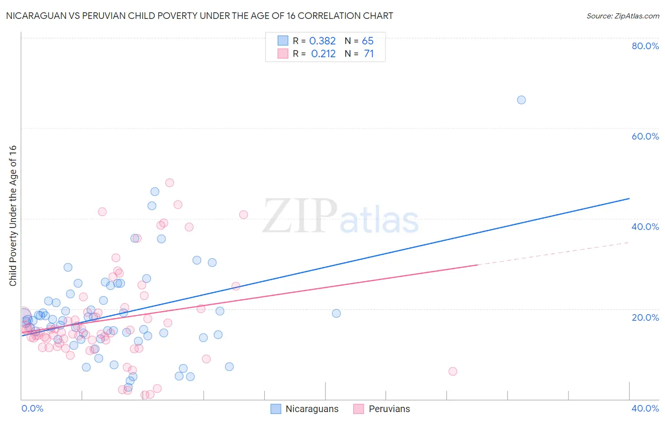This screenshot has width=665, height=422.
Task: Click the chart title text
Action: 199,16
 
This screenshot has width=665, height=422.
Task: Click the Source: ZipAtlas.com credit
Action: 622,16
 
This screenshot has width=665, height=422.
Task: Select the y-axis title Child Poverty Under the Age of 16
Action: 13,215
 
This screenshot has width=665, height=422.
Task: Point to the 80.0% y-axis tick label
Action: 645,46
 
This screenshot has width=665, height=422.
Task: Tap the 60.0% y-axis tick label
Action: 645,136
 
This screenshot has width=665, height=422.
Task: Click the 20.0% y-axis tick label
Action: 645,317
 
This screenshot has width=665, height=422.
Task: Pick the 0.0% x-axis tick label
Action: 32,408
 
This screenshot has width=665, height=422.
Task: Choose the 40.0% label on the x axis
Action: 645,408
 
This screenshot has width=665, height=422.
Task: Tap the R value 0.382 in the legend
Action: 323,41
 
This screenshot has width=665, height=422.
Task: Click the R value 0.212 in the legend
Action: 323,54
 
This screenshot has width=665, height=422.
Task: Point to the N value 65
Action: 367,41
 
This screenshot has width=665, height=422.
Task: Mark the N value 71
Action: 368,54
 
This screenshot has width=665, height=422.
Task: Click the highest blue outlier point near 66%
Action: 521,100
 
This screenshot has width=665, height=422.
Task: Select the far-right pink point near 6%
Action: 453,371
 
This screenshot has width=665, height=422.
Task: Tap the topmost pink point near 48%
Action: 169,183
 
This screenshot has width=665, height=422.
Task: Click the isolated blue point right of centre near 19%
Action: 336,313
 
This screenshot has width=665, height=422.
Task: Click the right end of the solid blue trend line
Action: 629,199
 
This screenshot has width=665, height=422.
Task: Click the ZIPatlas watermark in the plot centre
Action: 341,217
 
